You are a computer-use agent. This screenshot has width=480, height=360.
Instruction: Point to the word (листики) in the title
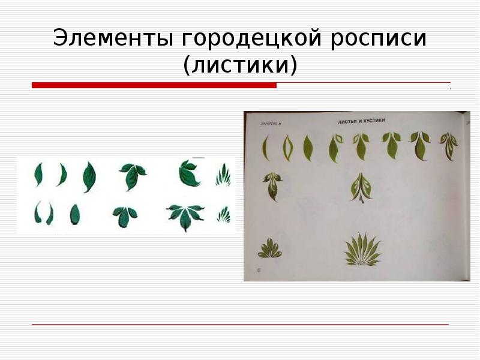[x=240, y=65]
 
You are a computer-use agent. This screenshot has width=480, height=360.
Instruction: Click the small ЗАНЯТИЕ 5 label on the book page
[x=271, y=124]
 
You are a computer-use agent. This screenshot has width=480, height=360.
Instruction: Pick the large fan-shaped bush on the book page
[x=362, y=251]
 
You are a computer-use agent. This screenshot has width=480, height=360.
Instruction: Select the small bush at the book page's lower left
[x=269, y=248]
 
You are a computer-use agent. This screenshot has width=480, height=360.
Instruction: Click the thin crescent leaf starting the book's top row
[x=266, y=148]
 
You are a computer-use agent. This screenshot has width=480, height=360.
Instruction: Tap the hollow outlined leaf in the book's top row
[x=287, y=147]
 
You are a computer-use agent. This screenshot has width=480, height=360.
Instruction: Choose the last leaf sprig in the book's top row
[x=448, y=145]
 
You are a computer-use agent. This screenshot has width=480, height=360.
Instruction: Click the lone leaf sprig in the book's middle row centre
[x=361, y=186]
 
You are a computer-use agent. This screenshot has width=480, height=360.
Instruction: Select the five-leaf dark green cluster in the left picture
[x=184, y=215]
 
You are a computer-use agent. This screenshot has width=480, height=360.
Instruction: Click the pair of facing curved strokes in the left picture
[x=43, y=213]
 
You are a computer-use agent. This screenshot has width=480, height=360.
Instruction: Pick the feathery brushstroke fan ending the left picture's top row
[x=223, y=175]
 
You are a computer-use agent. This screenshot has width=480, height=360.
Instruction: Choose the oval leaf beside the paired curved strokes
[x=74, y=214]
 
